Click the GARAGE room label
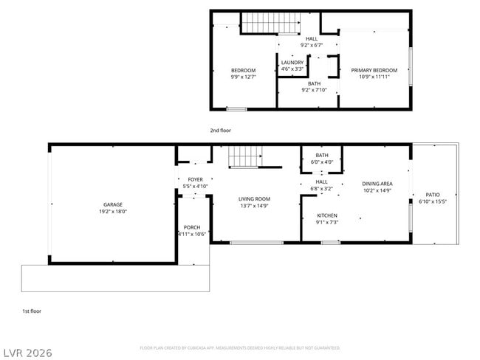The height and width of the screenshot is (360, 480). coord(113,204)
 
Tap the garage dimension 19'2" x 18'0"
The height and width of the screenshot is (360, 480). coord(113,211)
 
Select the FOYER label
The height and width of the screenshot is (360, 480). coord(195,179)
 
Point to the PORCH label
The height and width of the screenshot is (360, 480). coord(192,227)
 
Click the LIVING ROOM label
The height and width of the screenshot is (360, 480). coord(254,198)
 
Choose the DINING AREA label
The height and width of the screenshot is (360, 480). coord(377,184)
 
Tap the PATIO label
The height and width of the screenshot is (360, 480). coord(433,195)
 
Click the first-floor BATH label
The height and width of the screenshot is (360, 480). coord(322,155)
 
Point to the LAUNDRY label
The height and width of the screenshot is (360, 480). coord(292,63)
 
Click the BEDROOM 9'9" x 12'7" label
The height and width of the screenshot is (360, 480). coord(244,70)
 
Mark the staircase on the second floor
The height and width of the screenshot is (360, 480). coord(261,23)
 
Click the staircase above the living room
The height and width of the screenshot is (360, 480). coord(244,156)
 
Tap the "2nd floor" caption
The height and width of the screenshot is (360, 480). coord(220,131)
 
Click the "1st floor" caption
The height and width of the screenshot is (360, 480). coord(32,311)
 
